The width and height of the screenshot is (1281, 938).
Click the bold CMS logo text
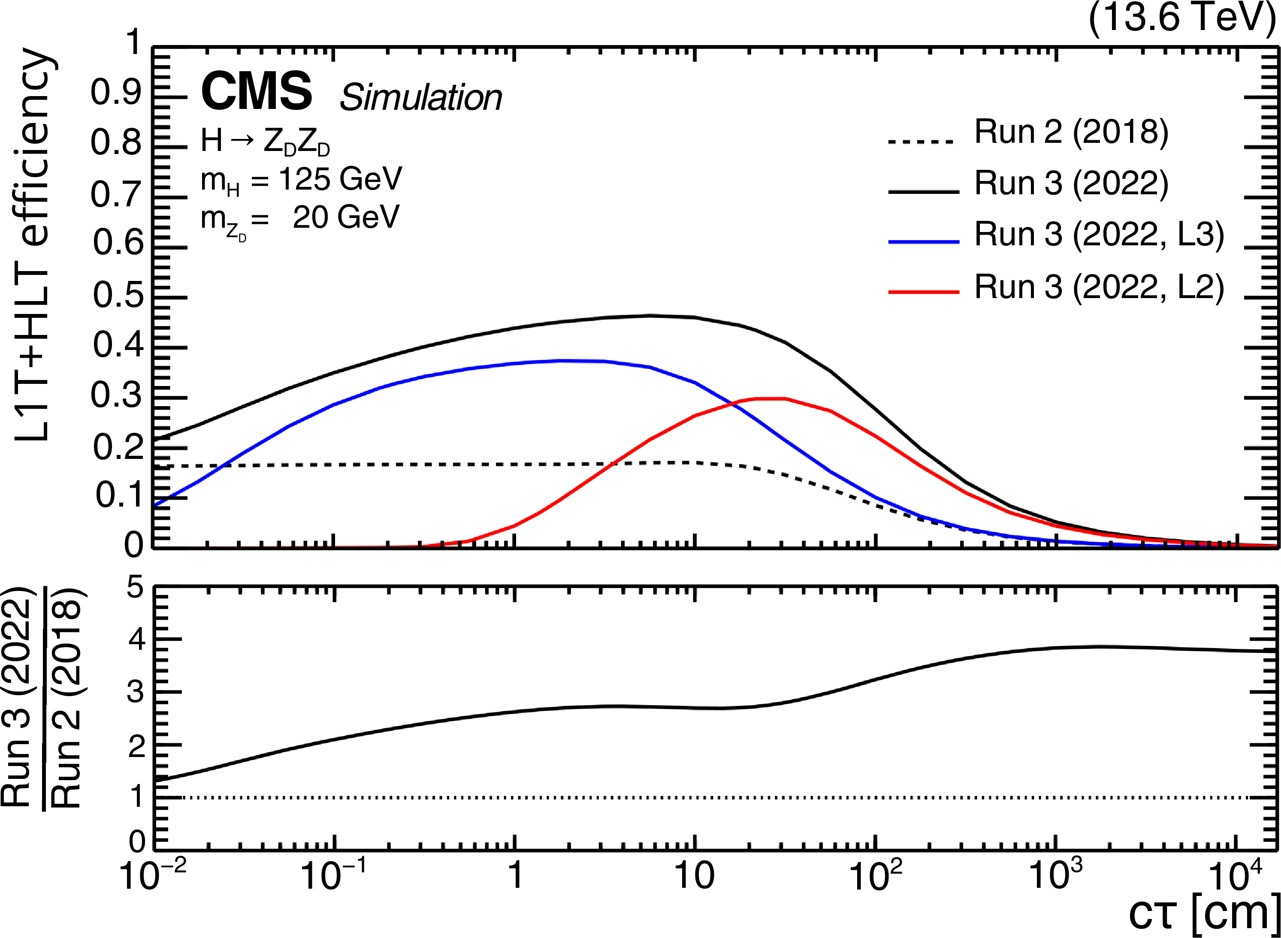coord(256,91)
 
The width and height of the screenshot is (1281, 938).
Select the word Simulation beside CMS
coord(421,98)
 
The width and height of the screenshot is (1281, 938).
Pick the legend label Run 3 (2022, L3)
coord(1099,235)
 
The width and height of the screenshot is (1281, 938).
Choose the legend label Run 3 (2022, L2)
coord(1099,287)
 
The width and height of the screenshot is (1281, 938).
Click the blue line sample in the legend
coord(924,242)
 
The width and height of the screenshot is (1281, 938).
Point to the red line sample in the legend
coord(924,293)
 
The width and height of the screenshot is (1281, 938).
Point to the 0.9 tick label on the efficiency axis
coord(116,93)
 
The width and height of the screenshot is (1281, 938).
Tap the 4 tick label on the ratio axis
coord(137,640)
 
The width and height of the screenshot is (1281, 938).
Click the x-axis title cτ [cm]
coord(1203,914)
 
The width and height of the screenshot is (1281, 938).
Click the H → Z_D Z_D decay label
coord(265,142)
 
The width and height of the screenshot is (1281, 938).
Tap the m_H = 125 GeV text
coord(301,181)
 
